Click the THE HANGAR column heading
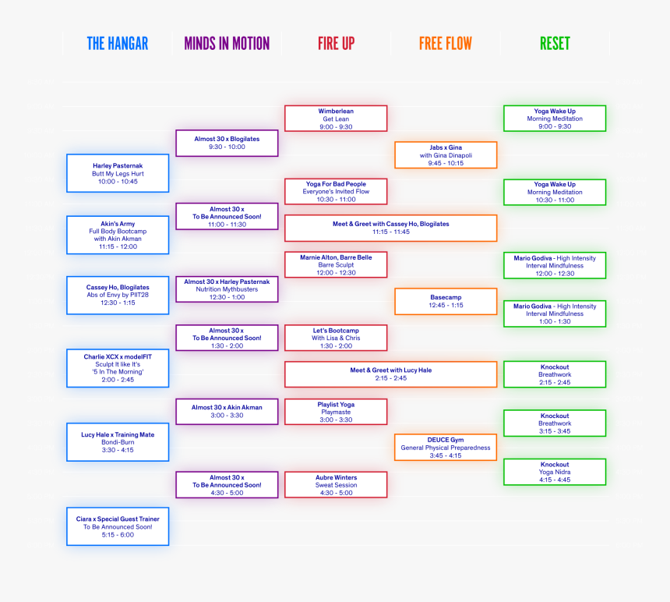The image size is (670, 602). click(118, 44)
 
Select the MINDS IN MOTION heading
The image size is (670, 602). click(227, 44)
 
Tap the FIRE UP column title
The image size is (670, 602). click(337, 44)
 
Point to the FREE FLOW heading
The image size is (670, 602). click(446, 44)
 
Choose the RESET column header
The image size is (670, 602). click(555, 44)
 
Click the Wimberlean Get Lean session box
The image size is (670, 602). click(336, 119)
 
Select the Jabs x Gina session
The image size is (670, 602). click(446, 154)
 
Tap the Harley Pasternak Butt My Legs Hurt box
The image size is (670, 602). click(118, 173)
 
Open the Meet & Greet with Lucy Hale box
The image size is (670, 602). click(391, 374)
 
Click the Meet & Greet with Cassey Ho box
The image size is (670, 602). click(391, 228)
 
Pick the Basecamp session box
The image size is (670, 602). click(446, 302)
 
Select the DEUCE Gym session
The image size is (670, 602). click(446, 448)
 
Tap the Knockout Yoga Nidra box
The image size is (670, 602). click(555, 472)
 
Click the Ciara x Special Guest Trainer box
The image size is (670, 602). click(118, 526)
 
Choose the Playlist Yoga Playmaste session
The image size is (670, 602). click(336, 412)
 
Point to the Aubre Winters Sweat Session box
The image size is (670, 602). click(336, 485)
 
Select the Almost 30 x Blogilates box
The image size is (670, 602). click(227, 143)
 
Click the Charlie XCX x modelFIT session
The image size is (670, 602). click(118, 368)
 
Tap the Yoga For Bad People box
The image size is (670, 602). click(336, 192)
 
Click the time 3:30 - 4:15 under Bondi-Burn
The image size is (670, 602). click(118, 450)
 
